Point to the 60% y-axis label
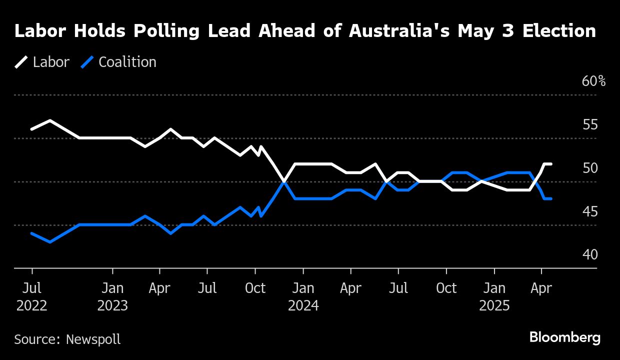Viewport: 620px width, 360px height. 593,81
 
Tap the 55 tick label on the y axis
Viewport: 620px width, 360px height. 590,124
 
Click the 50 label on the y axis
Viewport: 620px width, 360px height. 590,168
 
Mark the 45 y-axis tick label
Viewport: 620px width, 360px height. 590,211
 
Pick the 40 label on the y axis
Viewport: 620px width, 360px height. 590,255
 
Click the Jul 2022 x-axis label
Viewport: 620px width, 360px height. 32,297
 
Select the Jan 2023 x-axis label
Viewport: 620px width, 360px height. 112,297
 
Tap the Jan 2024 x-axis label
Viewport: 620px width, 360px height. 303,297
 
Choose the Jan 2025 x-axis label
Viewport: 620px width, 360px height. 494,297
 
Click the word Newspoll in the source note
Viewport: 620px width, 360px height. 93,339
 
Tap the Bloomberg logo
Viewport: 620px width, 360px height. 565,337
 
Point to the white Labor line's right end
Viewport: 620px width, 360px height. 551,164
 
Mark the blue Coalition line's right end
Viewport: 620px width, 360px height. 551,199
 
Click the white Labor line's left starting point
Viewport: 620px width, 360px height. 31,129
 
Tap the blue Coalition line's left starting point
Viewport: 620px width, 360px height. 31,233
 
